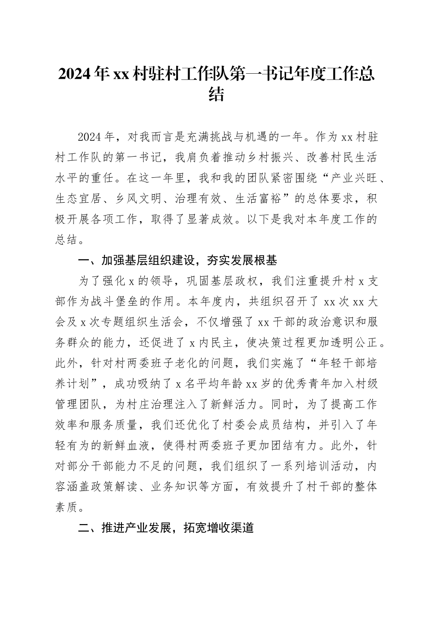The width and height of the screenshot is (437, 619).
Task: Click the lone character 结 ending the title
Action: click(217, 95)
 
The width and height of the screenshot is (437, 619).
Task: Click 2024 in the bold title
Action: click(75, 74)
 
